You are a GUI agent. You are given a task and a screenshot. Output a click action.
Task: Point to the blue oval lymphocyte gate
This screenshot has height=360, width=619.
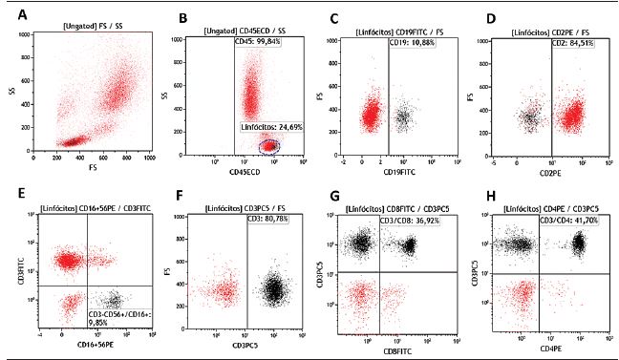[x=271, y=146]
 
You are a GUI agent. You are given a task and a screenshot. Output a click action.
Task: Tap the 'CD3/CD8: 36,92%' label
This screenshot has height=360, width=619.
[x=413, y=221]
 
